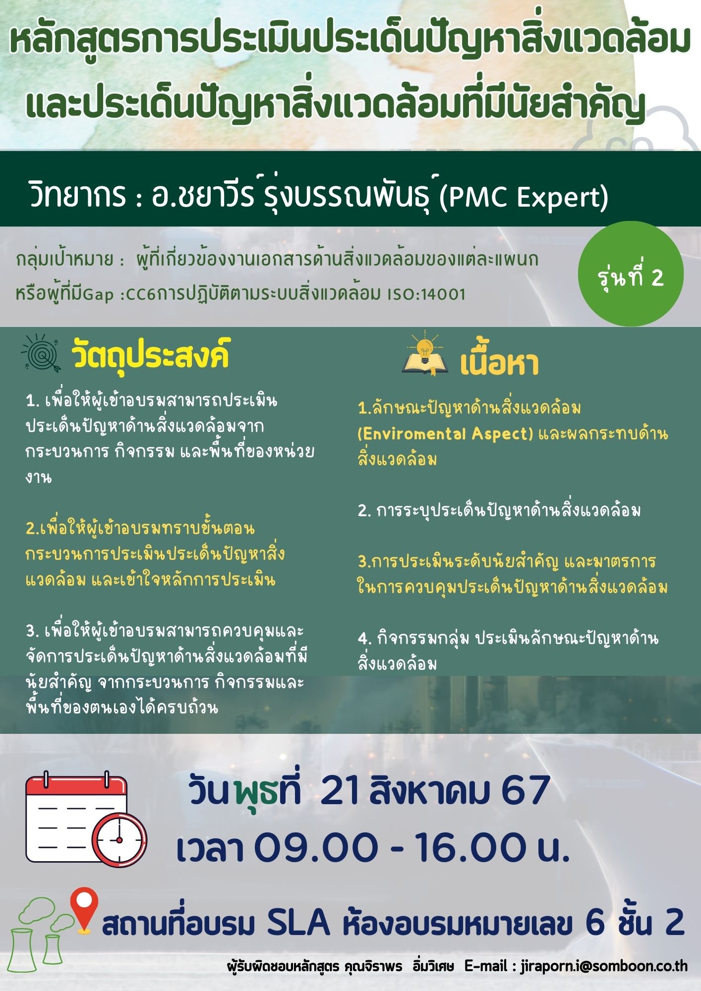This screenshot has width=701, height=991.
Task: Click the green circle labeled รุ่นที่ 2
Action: coord(631,274)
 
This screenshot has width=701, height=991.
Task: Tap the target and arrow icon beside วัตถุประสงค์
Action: coord(40,353)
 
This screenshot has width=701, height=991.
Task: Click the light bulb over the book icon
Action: coord(424,347)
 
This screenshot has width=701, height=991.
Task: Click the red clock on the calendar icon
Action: coord(119,839)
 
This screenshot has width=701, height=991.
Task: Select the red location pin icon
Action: coord(84,910)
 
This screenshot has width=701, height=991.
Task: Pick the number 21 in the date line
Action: coord(340,790)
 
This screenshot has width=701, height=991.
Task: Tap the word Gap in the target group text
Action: coord(98,294)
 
